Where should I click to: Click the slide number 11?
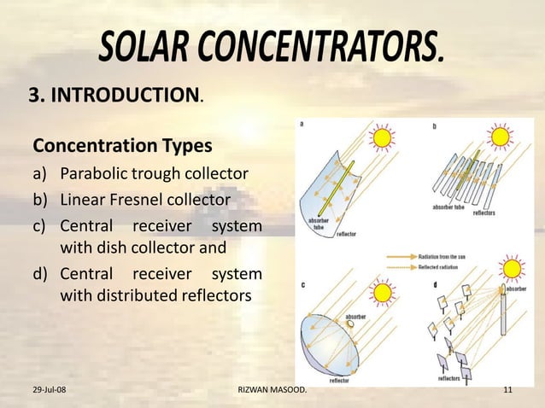[508, 391]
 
